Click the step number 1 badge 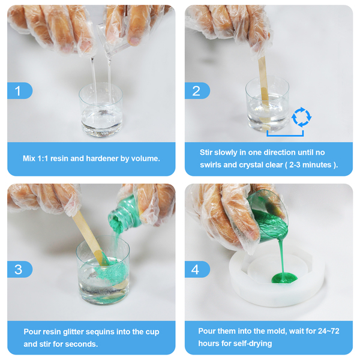20,91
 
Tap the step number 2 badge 197,91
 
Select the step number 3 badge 20,269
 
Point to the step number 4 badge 197,269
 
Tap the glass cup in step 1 101,110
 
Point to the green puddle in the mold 284,278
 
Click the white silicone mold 277,275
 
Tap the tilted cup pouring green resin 268,216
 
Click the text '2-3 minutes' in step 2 310,165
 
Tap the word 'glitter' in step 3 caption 74,332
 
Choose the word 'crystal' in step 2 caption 250,165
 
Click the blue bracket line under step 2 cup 285,136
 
